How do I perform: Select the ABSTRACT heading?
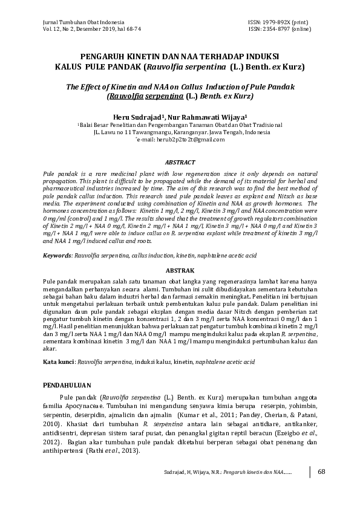pyautogui.click(x=180, y=162)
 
